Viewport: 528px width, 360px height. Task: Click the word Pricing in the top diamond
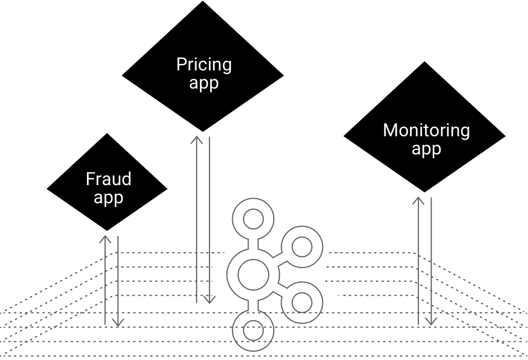pyautogui.click(x=204, y=65)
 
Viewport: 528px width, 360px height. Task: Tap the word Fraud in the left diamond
pyautogui.click(x=108, y=179)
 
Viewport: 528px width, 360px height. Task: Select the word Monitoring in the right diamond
pyautogui.click(x=426, y=131)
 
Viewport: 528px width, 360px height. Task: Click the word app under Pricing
pyautogui.click(x=204, y=82)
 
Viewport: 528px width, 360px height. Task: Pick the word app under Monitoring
pyautogui.click(x=426, y=149)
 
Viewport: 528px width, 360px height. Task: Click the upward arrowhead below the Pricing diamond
pyautogui.click(x=196, y=140)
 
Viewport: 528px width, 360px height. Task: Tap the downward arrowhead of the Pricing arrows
pyautogui.click(x=209, y=299)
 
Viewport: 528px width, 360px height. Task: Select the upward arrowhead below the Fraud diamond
pyautogui.click(x=105, y=239)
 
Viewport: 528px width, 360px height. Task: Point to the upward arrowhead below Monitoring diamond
pyautogui.click(x=418, y=200)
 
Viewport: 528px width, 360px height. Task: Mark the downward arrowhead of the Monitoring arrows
pyautogui.click(x=431, y=321)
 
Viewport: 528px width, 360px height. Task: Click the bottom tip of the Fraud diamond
pyautogui.click(x=107, y=231)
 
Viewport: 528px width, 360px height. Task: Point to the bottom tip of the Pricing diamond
pyautogui.click(x=203, y=132)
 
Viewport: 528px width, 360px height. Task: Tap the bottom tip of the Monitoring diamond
pyautogui.click(x=424, y=192)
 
